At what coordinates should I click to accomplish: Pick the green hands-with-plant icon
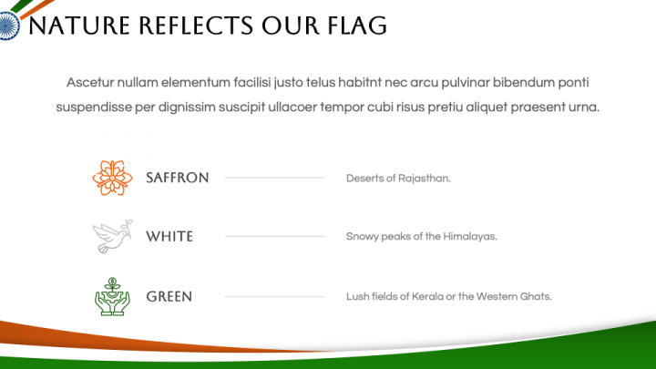(x=112, y=296)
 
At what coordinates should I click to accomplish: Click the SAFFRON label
(x=177, y=178)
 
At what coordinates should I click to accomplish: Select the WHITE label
(x=169, y=236)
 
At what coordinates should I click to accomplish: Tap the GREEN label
(x=169, y=296)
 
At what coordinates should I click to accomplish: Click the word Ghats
(x=535, y=296)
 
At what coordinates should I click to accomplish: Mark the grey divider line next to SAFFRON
(x=274, y=178)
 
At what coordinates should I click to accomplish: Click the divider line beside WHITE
(x=274, y=236)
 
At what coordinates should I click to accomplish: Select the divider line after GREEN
(x=274, y=296)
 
